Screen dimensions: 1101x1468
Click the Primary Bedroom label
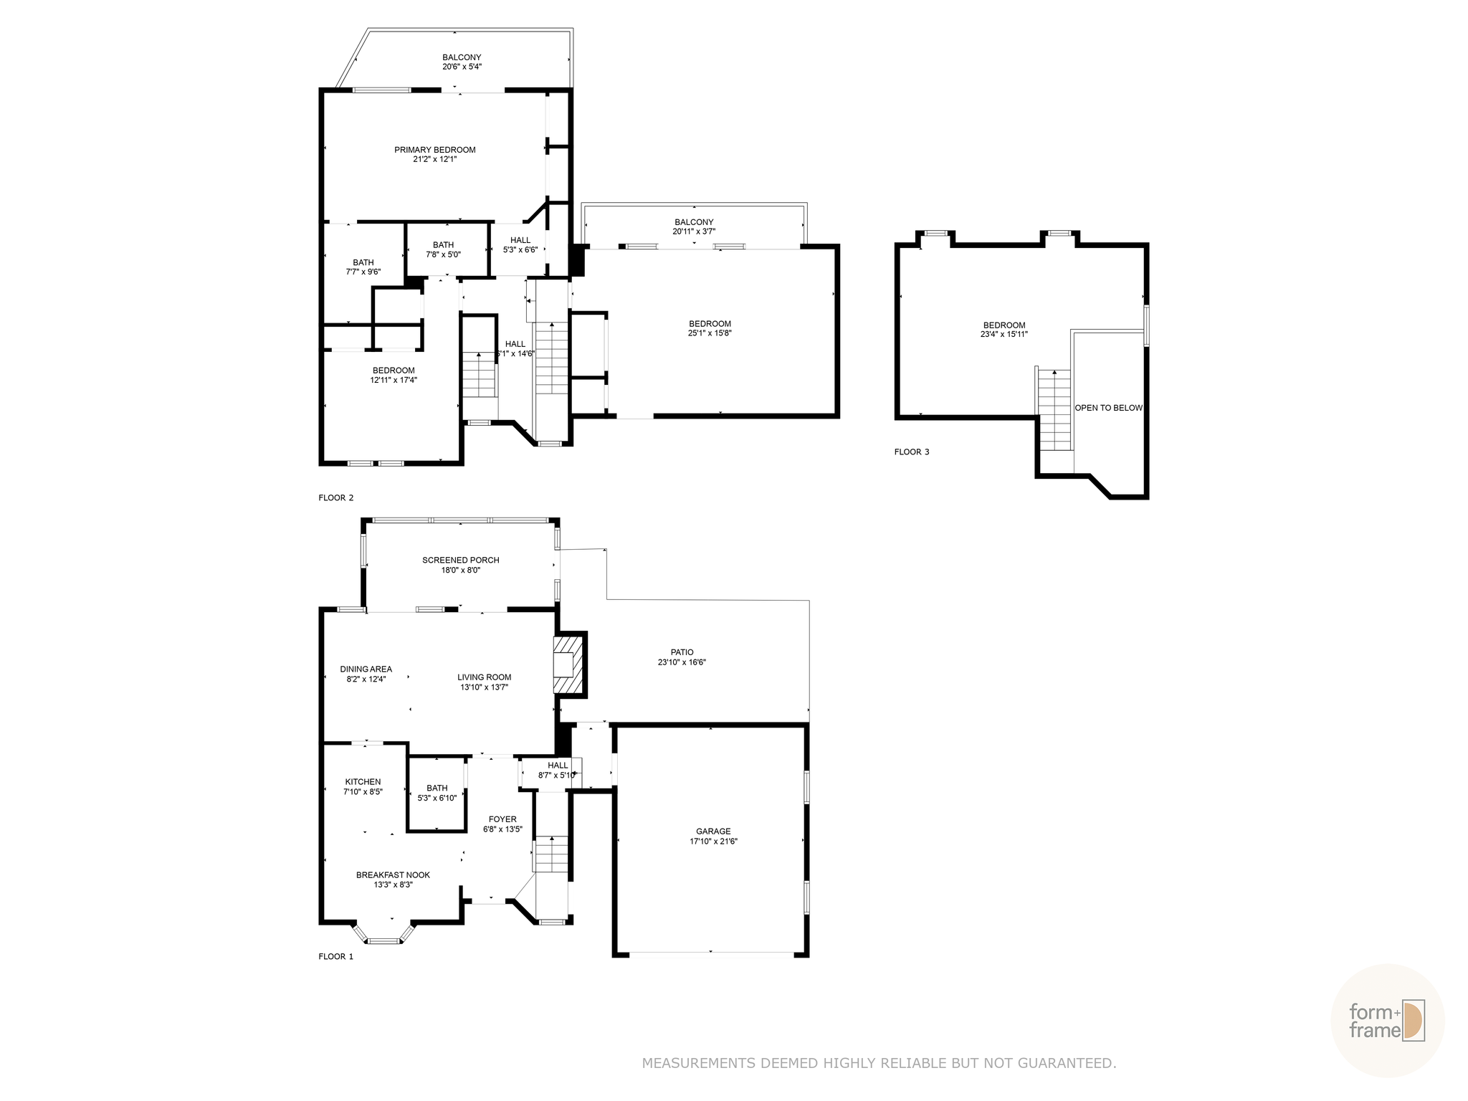(434, 150)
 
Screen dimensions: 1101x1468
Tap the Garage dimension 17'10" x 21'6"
(713, 842)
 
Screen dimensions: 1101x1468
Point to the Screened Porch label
(460, 561)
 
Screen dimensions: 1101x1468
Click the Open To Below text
(1107, 408)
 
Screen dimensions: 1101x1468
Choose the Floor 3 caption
(911, 452)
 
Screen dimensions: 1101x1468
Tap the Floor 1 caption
(335, 956)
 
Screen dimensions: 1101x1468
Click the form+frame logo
(1386, 1021)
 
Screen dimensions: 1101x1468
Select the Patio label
(682, 652)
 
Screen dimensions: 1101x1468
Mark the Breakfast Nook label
(393, 875)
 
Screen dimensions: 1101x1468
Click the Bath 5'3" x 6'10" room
(437, 793)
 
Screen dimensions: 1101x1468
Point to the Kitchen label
(363, 782)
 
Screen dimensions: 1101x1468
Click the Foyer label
(502, 819)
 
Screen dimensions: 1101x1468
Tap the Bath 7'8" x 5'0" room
(447, 249)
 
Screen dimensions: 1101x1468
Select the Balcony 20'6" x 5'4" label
(462, 57)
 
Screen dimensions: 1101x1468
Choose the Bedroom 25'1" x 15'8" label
(710, 324)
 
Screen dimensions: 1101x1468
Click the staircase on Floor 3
(1054, 410)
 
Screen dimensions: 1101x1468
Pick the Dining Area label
(366, 669)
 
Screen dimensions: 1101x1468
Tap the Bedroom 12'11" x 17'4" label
(394, 371)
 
